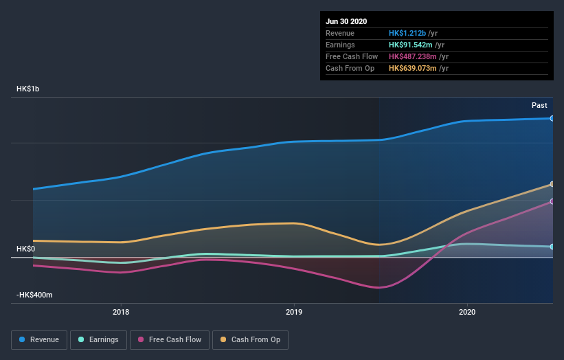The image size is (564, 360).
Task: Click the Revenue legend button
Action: [x=40, y=339]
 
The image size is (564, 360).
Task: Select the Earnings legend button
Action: [x=99, y=339]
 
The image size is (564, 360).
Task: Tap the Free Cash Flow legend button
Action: [x=169, y=339]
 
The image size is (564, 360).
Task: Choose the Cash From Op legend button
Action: [x=250, y=339]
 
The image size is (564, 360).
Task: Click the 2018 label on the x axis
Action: [x=121, y=312]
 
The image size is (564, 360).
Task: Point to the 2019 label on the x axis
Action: [x=294, y=312]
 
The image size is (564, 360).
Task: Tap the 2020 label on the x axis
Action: [x=467, y=312]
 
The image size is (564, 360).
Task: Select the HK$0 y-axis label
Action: [x=25, y=249]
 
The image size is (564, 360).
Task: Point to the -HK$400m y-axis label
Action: [x=35, y=295]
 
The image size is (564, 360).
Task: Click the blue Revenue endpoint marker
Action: [x=552, y=118]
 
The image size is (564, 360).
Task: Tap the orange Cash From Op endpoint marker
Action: [x=552, y=184]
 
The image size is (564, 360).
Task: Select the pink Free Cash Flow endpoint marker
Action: [x=552, y=201]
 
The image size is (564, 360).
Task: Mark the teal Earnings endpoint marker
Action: [x=552, y=247]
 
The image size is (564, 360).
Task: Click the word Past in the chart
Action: [x=539, y=105]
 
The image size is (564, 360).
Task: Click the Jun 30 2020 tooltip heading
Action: [x=346, y=21]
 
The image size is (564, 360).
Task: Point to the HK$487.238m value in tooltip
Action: [x=417, y=56]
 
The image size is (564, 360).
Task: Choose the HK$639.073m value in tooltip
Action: [x=417, y=68]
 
